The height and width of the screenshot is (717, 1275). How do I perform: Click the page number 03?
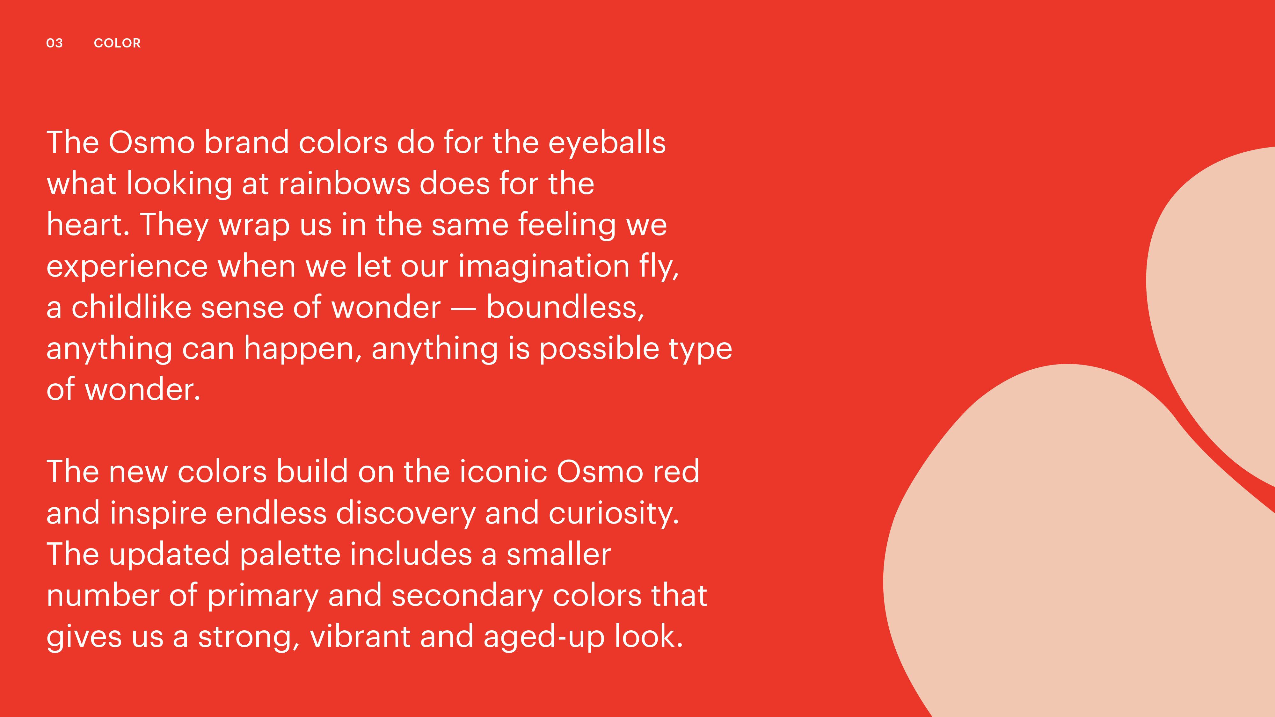point(55,43)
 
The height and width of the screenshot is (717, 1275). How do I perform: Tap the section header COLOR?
point(117,43)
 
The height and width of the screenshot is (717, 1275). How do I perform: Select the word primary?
point(263,596)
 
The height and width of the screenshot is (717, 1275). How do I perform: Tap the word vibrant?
point(360,636)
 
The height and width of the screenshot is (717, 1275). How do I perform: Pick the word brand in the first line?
point(246,142)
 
